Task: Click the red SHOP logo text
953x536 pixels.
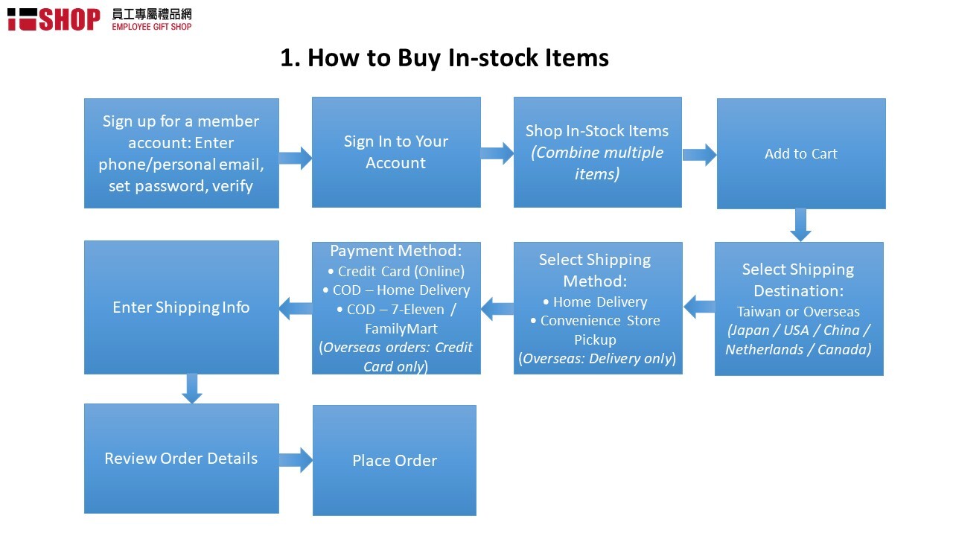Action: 70,19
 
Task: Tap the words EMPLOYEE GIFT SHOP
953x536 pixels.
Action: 152,27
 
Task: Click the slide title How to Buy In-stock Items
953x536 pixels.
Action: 444,58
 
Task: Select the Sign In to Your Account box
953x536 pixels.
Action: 396,153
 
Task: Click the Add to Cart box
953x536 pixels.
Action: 801,153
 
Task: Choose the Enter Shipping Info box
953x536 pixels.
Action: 182,307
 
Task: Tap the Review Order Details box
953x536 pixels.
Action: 182,459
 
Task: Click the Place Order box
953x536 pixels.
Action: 395,460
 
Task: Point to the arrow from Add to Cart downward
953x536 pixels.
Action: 800,225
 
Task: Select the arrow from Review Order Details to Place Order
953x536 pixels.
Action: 296,460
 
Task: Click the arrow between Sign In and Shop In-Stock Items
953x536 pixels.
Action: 497,153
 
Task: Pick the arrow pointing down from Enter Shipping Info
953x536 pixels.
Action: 192,389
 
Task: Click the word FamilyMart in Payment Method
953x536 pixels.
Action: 401,329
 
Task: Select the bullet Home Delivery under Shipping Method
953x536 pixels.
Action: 595,302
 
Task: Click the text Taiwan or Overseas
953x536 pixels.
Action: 799,312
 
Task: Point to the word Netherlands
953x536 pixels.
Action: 765,350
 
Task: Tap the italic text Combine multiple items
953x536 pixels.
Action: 597,163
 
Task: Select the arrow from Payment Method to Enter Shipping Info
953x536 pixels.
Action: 296,308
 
